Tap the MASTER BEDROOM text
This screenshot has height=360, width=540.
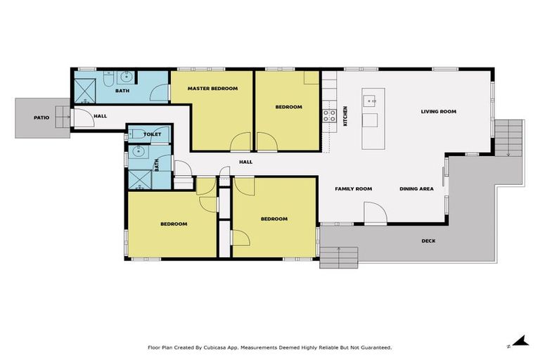(x=212, y=89)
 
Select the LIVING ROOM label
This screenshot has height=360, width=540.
(x=439, y=111)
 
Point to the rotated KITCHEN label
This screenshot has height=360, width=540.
(x=345, y=115)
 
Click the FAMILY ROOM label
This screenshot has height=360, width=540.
(x=353, y=188)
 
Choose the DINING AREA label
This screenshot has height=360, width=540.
(x=416, y=188)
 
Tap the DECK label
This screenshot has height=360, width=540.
(x=428, y=241)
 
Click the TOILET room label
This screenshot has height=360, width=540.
(x=153, y=134)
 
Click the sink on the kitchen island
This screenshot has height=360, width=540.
(x=371, y=101)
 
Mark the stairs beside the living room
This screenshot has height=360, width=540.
(x=510, y=139)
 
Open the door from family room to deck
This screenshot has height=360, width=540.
(x=374, y=214)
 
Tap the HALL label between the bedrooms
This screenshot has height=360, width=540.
(x=245, y=162)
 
